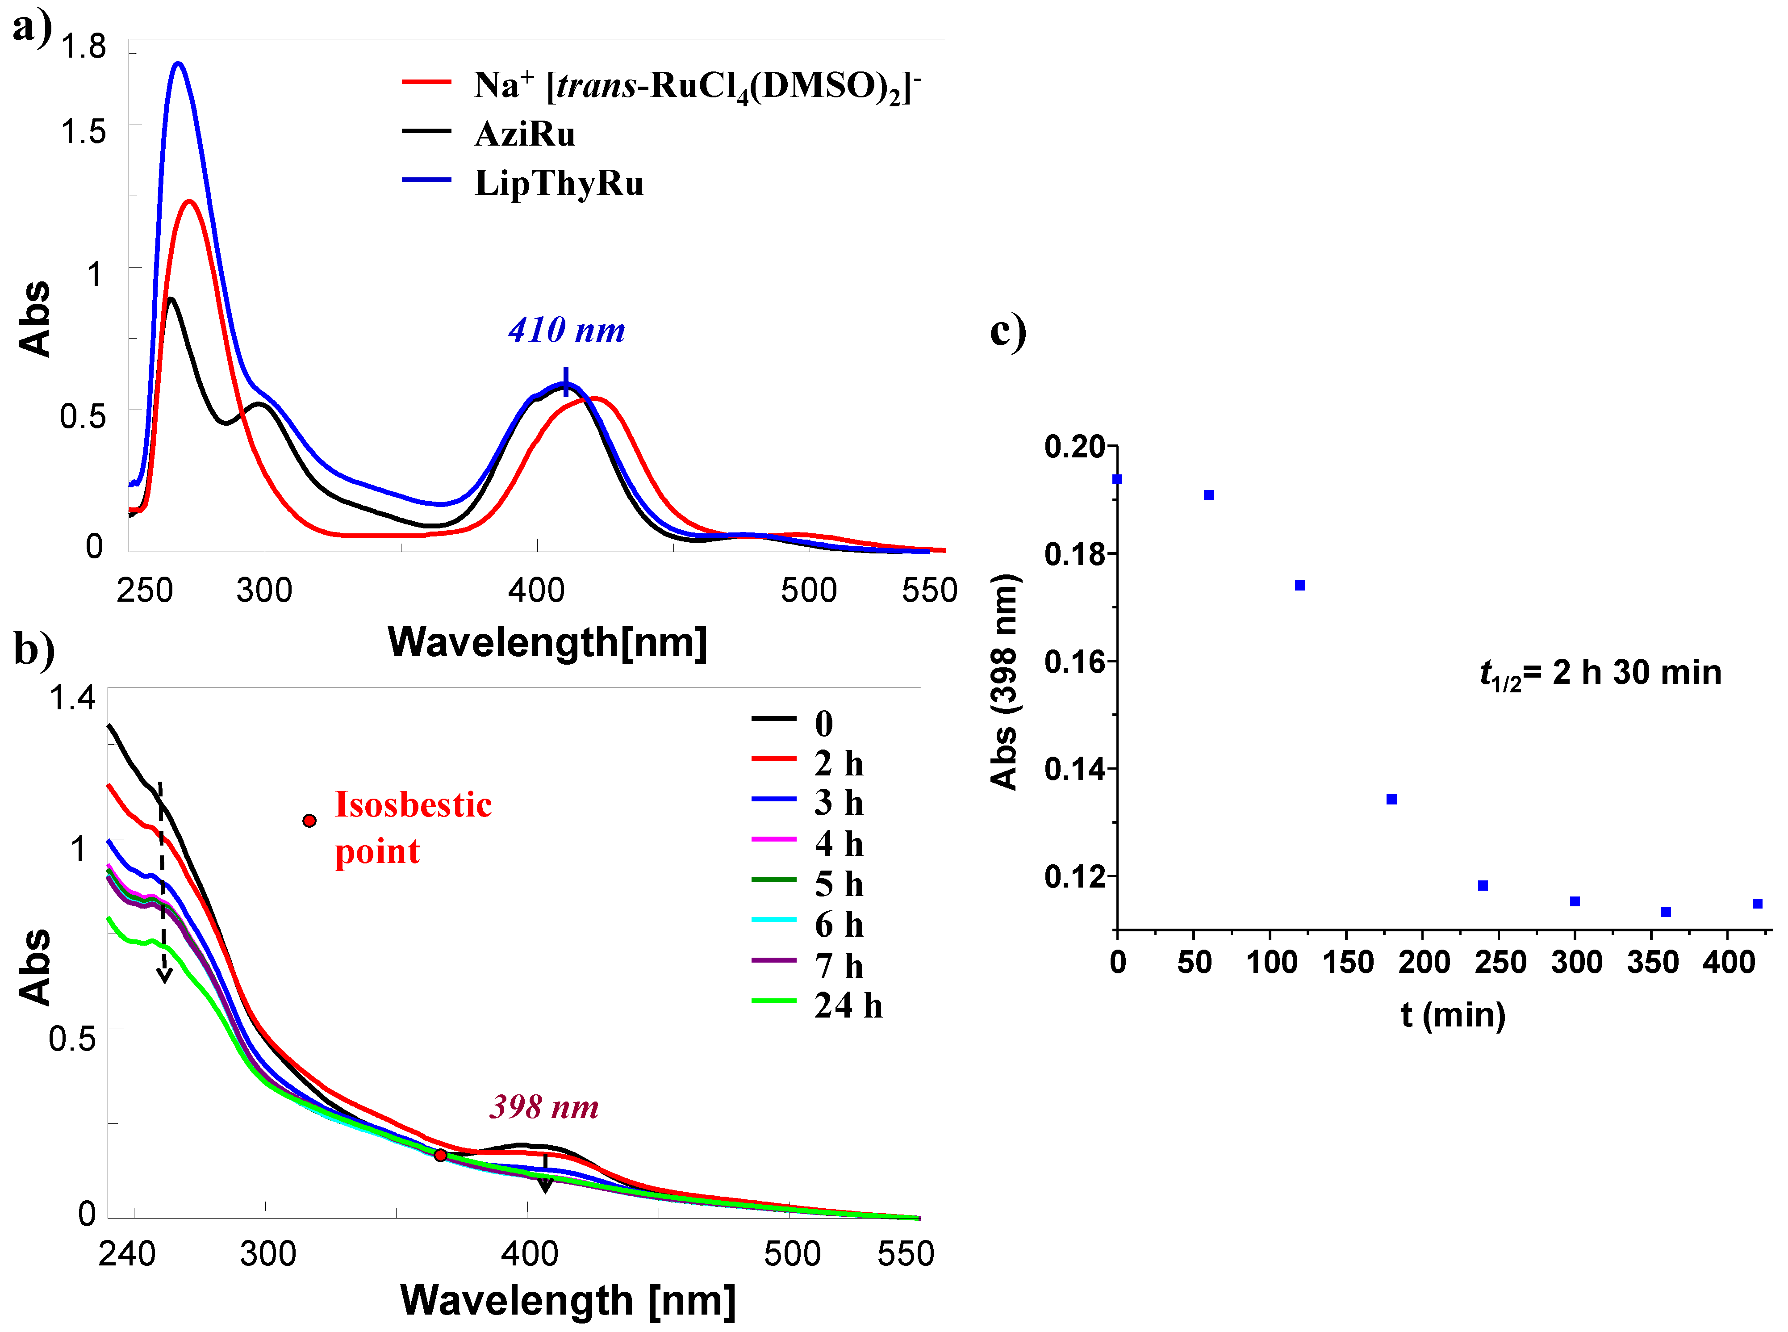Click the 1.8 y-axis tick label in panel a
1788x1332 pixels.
[84, 47]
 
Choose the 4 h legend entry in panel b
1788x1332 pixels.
[838, 843]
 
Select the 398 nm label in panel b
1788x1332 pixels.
[544, 1107]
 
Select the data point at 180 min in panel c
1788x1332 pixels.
[1391, 799]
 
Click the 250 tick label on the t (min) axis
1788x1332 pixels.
[1500, 962]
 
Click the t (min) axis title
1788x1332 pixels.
[1453, 1014]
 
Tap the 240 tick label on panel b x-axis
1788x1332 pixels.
[126, 1254]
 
